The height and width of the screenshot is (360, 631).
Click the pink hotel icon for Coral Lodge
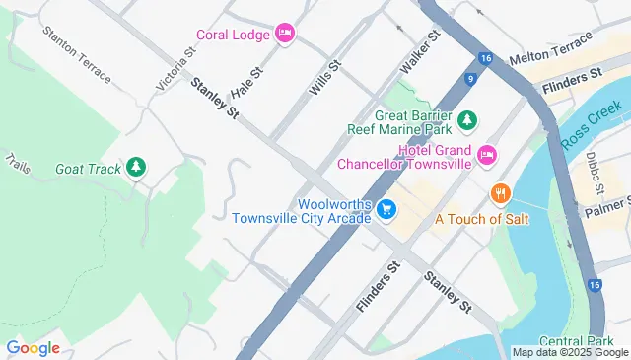285,34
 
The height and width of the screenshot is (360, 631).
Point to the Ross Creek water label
592,124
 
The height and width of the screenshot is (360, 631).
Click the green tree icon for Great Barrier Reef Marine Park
469,119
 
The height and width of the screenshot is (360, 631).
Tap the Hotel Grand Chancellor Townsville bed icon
485,155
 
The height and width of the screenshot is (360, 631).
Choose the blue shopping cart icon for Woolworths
387,209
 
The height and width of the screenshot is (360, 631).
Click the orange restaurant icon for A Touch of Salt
501,191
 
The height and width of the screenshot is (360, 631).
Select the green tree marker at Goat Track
136,169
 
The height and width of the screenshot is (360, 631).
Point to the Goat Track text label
89,169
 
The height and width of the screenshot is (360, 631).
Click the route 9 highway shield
472,78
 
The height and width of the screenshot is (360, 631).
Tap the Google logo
33,347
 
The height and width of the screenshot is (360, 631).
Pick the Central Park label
596,340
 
